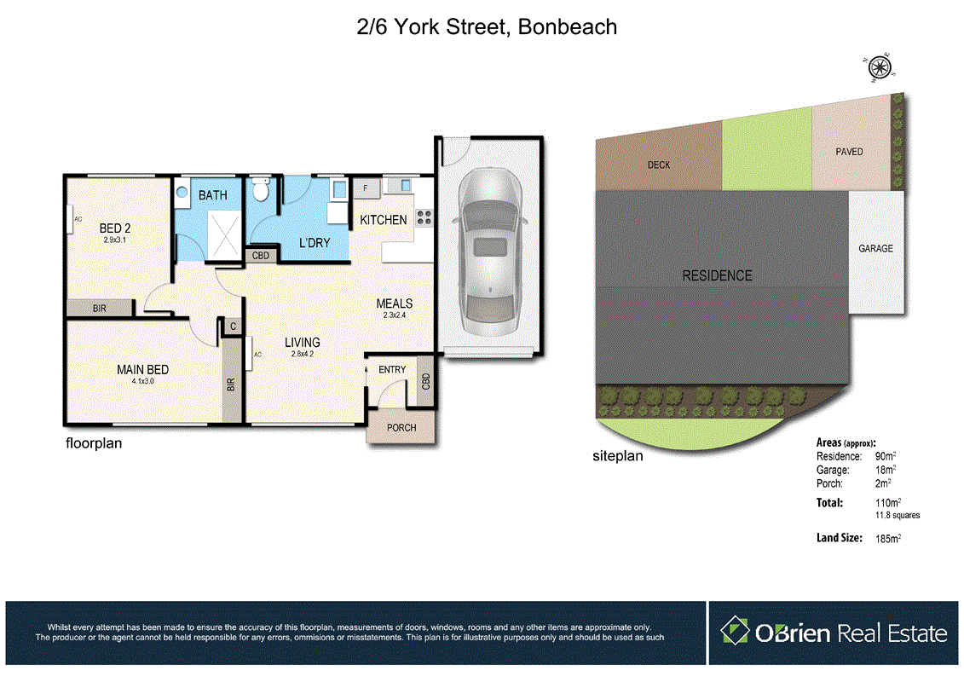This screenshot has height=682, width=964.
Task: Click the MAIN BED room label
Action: (142, 369)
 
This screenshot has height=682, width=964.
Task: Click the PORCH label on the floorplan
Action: (401, 427)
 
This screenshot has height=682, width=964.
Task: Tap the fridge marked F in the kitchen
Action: (367, 188)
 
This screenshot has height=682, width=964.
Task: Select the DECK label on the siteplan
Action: (658, 165)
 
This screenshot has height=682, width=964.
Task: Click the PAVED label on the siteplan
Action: (849, 152)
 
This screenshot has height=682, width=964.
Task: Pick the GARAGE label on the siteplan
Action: (875, 249)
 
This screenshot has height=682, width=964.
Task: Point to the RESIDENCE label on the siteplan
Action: (717, 275)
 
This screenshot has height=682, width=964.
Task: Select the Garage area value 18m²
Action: (886, 470)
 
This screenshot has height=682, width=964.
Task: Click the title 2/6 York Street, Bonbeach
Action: (486, 26)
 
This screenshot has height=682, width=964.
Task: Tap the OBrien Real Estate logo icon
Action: (734, 633)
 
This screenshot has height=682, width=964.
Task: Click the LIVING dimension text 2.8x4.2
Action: (303, 355)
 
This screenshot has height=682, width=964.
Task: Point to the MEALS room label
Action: (395, 303)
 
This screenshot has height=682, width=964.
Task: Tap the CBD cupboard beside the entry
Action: (425, 381)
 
